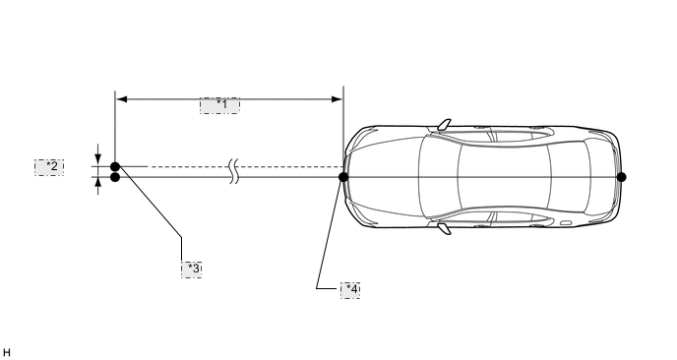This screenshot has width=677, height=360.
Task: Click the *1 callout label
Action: coord(219,105)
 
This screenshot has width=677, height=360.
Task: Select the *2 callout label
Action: coord(49,167)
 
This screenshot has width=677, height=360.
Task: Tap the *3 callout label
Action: coord(191,270)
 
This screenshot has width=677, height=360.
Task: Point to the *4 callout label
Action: coord(350,290)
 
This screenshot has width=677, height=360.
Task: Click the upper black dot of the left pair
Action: coord(115,166)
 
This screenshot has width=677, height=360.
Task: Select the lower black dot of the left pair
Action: coord(115,177)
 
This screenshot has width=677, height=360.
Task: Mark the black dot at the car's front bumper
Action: coord(343,177)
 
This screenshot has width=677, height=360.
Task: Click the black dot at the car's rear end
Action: coord(621,177)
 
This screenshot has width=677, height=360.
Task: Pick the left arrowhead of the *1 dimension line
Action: coord(122,99)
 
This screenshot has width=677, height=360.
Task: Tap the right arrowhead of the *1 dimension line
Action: coord(337,99)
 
